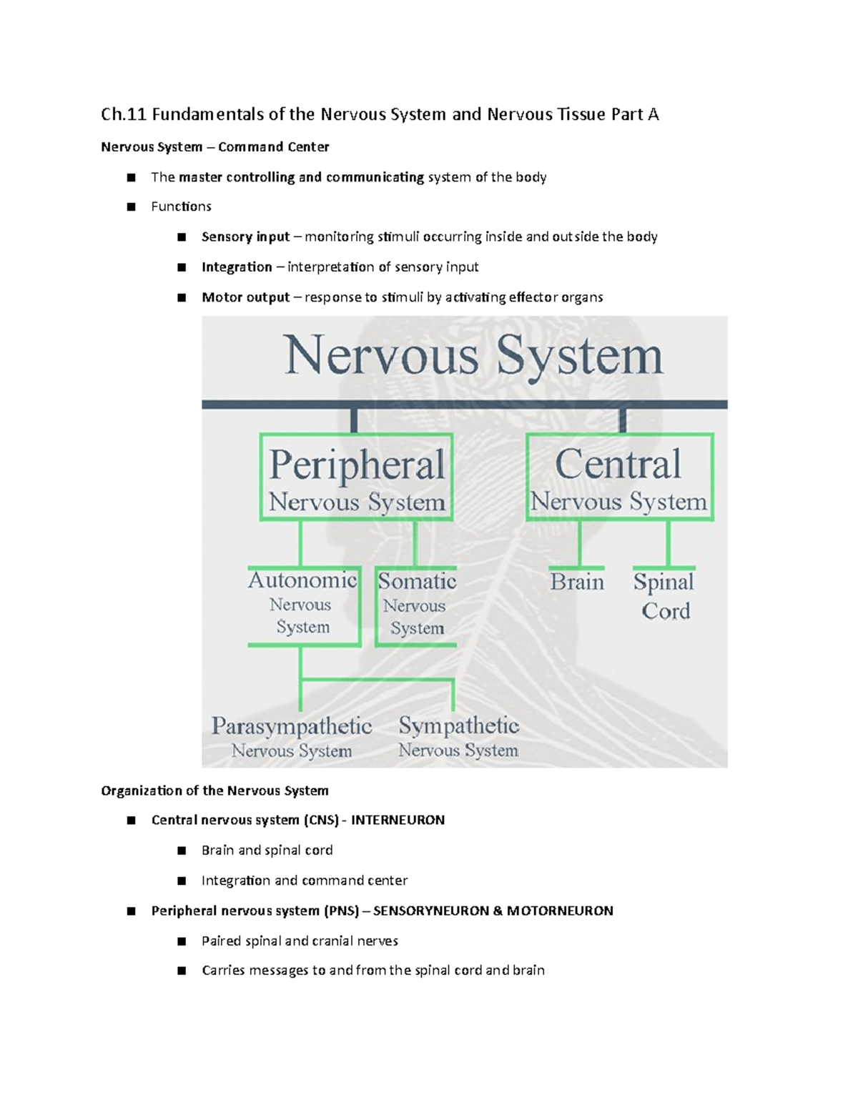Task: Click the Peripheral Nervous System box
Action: click(356, 477)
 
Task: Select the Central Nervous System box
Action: click(619, 477)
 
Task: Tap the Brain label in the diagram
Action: click(577, 583)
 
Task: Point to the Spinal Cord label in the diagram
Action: click(664, 596)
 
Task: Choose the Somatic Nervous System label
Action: click(416, 605)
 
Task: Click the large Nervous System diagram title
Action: click(473, 355)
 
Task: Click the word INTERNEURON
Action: click(398, 821)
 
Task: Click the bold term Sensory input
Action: click(245, 237)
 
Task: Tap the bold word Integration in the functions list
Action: click(237, 267)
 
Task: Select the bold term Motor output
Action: click(245, 297)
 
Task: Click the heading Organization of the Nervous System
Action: click(214, 791)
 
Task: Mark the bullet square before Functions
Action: click(131, 207)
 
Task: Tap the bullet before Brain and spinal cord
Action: click(182, 851)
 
